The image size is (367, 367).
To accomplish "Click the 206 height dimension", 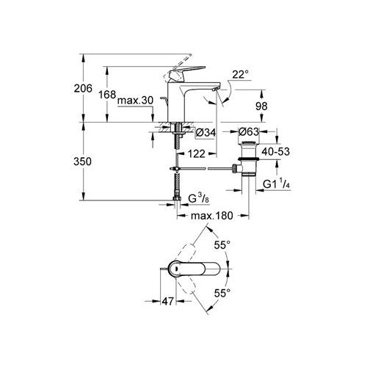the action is pyautogui.click(x=83, y=88).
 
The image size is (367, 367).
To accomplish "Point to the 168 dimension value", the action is pyautogui.click(x=107, y=95).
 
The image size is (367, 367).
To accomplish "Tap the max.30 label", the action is pyautogui.click(x=135, y=101).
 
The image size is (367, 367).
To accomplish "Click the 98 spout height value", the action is pyautogui.click(x=261, y=106).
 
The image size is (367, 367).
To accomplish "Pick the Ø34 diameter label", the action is pyautogui.click(x=206, y=133).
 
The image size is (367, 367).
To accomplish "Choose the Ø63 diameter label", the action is pyautogui.click(x=249, y=132).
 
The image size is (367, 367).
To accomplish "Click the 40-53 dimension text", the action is pyautogui.click(x=275, y=152).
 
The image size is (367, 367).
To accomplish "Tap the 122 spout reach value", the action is pyautogui.click(x=197, y=154).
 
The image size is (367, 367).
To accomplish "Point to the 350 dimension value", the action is pyautogui.click(x=83, y=161).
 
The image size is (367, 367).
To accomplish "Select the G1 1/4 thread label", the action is pyautogui.click(x=277, y=183).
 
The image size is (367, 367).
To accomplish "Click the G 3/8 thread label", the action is pyautogui.click(x=199, y=198).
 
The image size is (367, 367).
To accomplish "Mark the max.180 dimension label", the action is pyautogui.click(x=212, y=216).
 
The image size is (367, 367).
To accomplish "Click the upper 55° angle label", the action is pyautogui.click(x=222, y=245).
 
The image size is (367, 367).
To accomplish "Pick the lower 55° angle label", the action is pyautogui.click(x=222, y=293).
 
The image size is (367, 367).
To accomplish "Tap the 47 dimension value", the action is pyautogui.click(x=168, y=302).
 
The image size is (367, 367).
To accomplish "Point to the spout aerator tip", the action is pyautogui.click(x=217, y=88).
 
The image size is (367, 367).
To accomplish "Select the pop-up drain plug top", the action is pyautogui.click(x=249, y=142).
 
